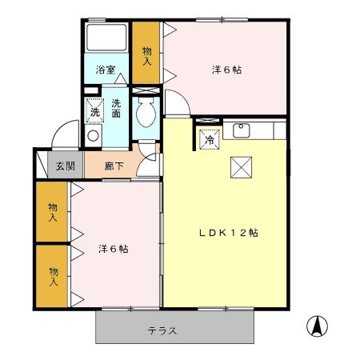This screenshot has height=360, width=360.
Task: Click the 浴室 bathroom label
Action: click(106, 70)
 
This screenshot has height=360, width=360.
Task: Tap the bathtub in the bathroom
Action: click(107, 40)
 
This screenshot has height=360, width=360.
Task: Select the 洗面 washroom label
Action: click(118, 108)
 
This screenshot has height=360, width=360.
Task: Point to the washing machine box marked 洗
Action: click(94, 111)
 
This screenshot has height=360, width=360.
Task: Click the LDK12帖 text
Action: click(228, 233)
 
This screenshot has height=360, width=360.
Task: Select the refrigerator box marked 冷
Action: click(209, 139)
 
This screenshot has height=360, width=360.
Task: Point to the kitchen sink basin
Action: click(241, 130)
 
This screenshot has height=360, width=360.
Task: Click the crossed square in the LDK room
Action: click(241, 166)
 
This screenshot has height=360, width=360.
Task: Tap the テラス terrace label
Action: click(162, 330)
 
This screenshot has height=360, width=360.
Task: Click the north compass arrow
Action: click(318, 326)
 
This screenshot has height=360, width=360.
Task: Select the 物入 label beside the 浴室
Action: click(147, 54)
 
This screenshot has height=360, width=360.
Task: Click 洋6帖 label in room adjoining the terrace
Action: click(113, 248)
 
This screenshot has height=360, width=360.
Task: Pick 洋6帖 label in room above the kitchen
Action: click(226, 70)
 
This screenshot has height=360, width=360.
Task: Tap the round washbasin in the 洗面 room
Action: click(93, 135)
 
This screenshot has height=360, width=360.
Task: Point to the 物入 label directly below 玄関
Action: click(52, 212)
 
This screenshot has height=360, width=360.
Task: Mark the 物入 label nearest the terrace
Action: click(52, 276)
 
